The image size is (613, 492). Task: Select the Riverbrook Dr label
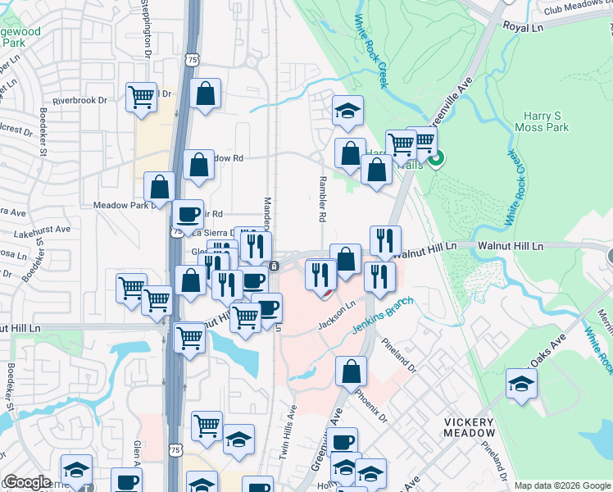(x=79, y=100)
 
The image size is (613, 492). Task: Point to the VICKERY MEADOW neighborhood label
(x=470, y=426)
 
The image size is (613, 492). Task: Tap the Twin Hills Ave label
(x=288, y=430)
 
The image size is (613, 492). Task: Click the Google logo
(x=27, y=482)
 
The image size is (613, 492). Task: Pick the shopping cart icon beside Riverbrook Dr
(x=141, y=96)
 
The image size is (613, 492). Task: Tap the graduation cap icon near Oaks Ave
(x=521, y=384)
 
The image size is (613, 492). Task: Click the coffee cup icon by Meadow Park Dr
(x=188, y=214)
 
